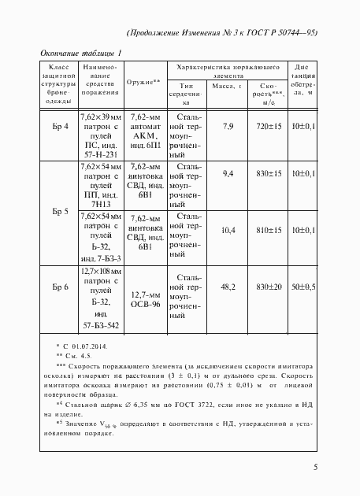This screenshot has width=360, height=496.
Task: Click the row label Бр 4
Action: tap(61, 126)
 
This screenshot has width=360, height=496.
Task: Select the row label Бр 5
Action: tap(61, 211)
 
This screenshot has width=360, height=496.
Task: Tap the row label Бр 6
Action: tap(61, 287)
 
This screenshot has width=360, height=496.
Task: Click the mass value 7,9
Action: tap(228, 126)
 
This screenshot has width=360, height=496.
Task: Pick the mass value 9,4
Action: tap(228, 173)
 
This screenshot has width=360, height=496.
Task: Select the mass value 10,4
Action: tap(228, 230)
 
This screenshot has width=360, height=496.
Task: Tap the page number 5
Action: tap(315, 468)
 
